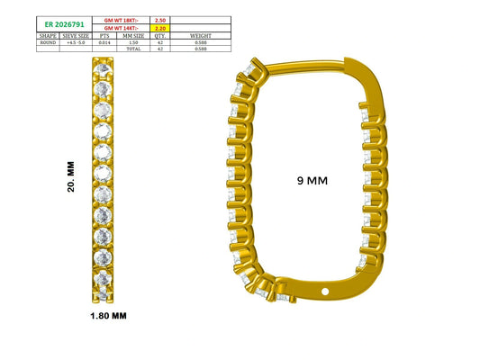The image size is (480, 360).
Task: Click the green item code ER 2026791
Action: tap(64, 24)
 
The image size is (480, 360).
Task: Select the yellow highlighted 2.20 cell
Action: tap(160, 28)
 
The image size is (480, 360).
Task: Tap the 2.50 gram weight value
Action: tap(160, 20)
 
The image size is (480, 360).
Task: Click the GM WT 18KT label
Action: tap(122, 20)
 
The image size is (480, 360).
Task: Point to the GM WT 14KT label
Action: tap(122, 28)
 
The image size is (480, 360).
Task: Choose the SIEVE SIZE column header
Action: tap(76, 36)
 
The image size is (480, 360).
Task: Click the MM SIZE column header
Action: tap(133, 36)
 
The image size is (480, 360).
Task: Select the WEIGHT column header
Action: tap(201, 36)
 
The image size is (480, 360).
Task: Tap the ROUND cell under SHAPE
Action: tap(48, 42)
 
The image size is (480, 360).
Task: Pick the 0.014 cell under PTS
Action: tap(104, 42)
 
